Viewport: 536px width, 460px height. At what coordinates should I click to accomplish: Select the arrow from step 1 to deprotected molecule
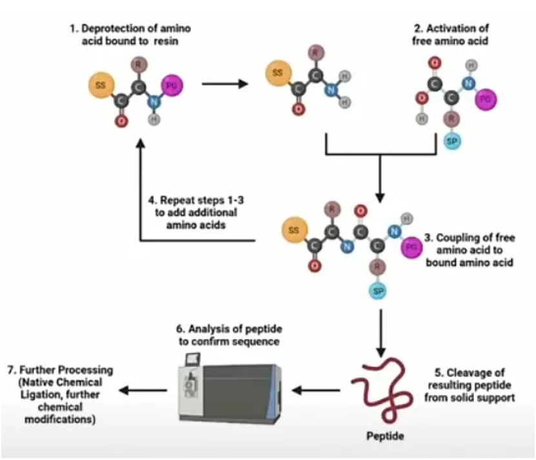[x=225, y=83]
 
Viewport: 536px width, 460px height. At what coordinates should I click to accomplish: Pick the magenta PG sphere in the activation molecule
[x=485, y=98]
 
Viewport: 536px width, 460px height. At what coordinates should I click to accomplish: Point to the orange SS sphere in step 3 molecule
[x=294, y=230]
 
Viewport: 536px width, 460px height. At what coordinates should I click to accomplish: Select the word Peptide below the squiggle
[x=385, y=436]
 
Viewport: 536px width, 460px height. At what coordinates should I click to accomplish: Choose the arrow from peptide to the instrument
[x=316, y=390]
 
